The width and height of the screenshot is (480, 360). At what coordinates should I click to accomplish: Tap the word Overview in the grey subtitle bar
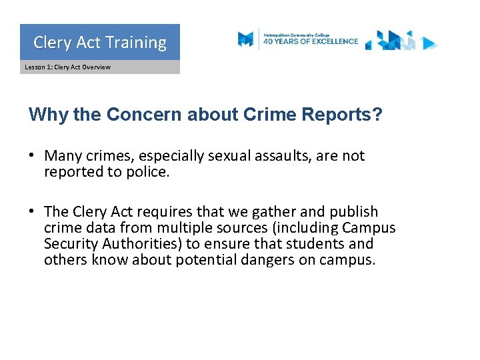97,67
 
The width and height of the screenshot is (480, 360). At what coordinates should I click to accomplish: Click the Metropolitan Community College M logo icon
246,39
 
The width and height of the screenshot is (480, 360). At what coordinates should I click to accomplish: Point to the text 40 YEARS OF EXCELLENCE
311,41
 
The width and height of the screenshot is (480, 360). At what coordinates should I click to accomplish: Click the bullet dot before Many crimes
31,156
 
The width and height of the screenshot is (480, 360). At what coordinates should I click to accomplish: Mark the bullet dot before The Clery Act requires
31,212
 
